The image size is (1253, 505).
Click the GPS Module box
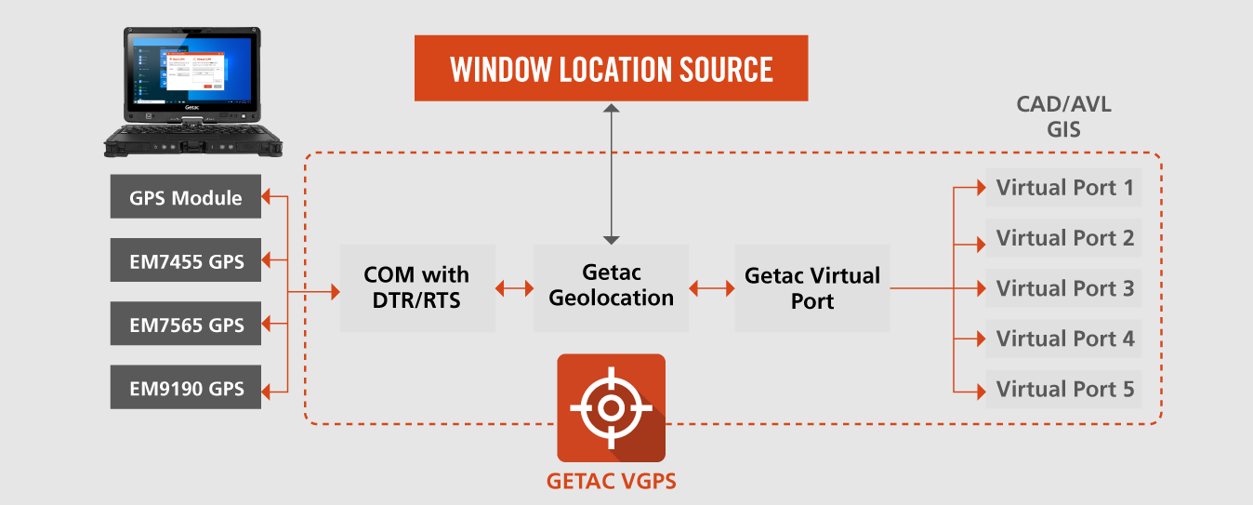pos(186,196)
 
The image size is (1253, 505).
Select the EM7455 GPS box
pos(186,260)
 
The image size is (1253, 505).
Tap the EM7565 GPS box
pos(186,324)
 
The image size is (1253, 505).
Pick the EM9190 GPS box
pos(186,388)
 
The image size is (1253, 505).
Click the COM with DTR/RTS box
pos(417,288)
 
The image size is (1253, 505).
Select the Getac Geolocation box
pos(611,288)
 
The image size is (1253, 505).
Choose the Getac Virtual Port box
pos(812,288)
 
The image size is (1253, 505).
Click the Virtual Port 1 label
pos(1064,188)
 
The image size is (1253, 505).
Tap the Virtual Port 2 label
pos(1064,238)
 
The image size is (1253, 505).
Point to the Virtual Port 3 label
pos(1064,288)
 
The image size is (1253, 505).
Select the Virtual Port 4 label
pos(1064,339)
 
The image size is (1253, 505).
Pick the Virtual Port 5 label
pos(1064,389)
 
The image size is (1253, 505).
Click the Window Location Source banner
pos(612,68)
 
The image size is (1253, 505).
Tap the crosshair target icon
pos(612,408)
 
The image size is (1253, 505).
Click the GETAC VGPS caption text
pos(612,482)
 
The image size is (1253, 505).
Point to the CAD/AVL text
pos(1064,104)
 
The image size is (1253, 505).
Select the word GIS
pos(1064,130)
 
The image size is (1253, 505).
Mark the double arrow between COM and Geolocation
pos(515,288)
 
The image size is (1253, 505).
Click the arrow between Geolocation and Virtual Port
pos(711,288)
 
